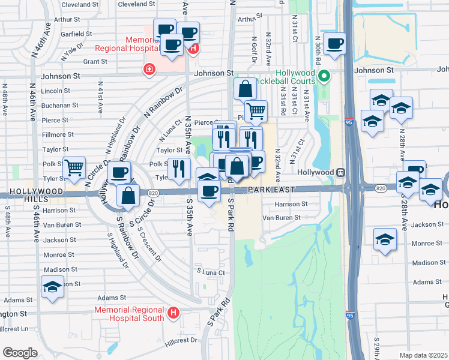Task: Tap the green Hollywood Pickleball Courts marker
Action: pos(324,76)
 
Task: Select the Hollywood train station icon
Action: pos(340,172)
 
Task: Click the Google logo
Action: pos(20,353)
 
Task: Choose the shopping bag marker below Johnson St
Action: pos(245,89)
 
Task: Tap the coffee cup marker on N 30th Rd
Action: pos(334,43)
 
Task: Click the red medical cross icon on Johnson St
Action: pos(148,70)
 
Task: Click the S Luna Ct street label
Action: pos(211,272)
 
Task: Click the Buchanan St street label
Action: pos(60,105)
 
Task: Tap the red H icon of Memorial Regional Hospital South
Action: pos(174,313)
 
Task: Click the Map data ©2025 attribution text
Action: pos(424,355)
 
